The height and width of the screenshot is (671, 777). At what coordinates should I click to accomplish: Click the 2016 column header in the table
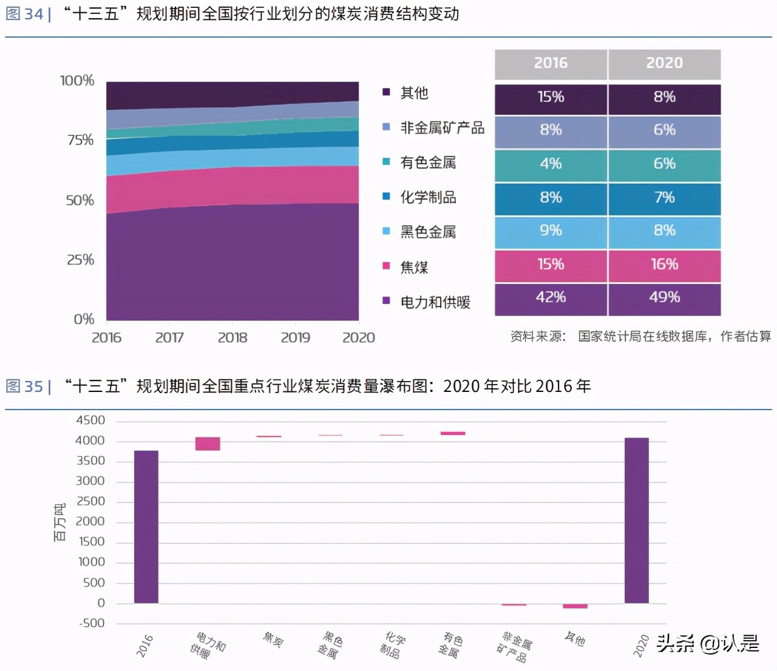point(551,64)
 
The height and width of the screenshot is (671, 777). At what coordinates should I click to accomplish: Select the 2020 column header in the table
point(664,64)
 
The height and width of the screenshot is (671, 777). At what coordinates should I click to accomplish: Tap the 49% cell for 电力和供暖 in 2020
point(664,298)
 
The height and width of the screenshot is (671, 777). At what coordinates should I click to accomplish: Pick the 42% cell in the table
point(551,298)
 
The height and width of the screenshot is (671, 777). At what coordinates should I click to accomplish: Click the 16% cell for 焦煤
point(664,265)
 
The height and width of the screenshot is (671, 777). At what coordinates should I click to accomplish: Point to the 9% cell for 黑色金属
point(551,231)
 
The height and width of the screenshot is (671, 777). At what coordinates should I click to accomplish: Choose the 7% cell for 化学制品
point(664,198)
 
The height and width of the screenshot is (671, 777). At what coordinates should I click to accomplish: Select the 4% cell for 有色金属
point(551,164)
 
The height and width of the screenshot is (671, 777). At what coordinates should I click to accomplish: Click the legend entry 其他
point(414,93)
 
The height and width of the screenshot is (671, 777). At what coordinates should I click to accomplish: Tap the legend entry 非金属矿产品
point(442,128)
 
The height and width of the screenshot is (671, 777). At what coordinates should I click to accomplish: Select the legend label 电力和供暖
point(435,302)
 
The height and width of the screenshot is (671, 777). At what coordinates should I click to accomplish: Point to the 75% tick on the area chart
point(80,140)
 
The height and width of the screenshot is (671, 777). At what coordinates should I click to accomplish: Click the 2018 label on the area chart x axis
point(232,338)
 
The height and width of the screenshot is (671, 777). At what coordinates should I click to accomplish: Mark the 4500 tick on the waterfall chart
point(90,420)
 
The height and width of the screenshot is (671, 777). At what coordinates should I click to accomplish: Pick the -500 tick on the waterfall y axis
point(92,623)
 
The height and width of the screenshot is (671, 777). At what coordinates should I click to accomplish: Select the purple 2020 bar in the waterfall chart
point(636,521)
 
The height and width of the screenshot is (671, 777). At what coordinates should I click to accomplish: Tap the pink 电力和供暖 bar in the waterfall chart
point(208,443)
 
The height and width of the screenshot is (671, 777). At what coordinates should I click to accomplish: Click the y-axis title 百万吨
point(59,522)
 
